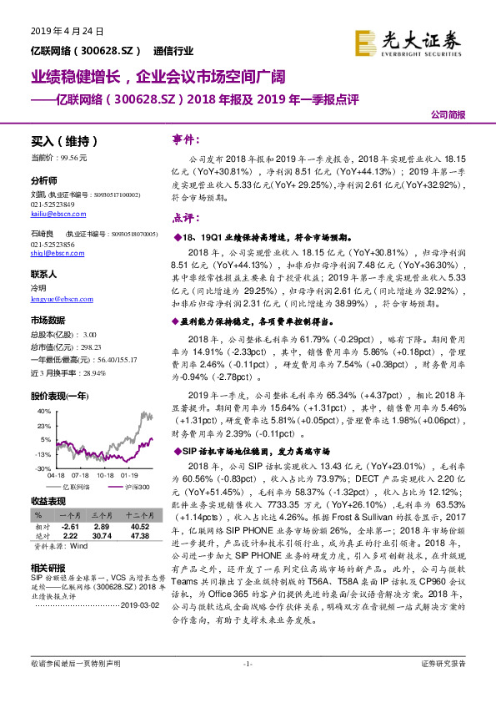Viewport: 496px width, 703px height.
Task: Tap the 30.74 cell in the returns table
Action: [x=102, y=537]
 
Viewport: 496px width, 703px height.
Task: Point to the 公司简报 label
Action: [x=448, y=116]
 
